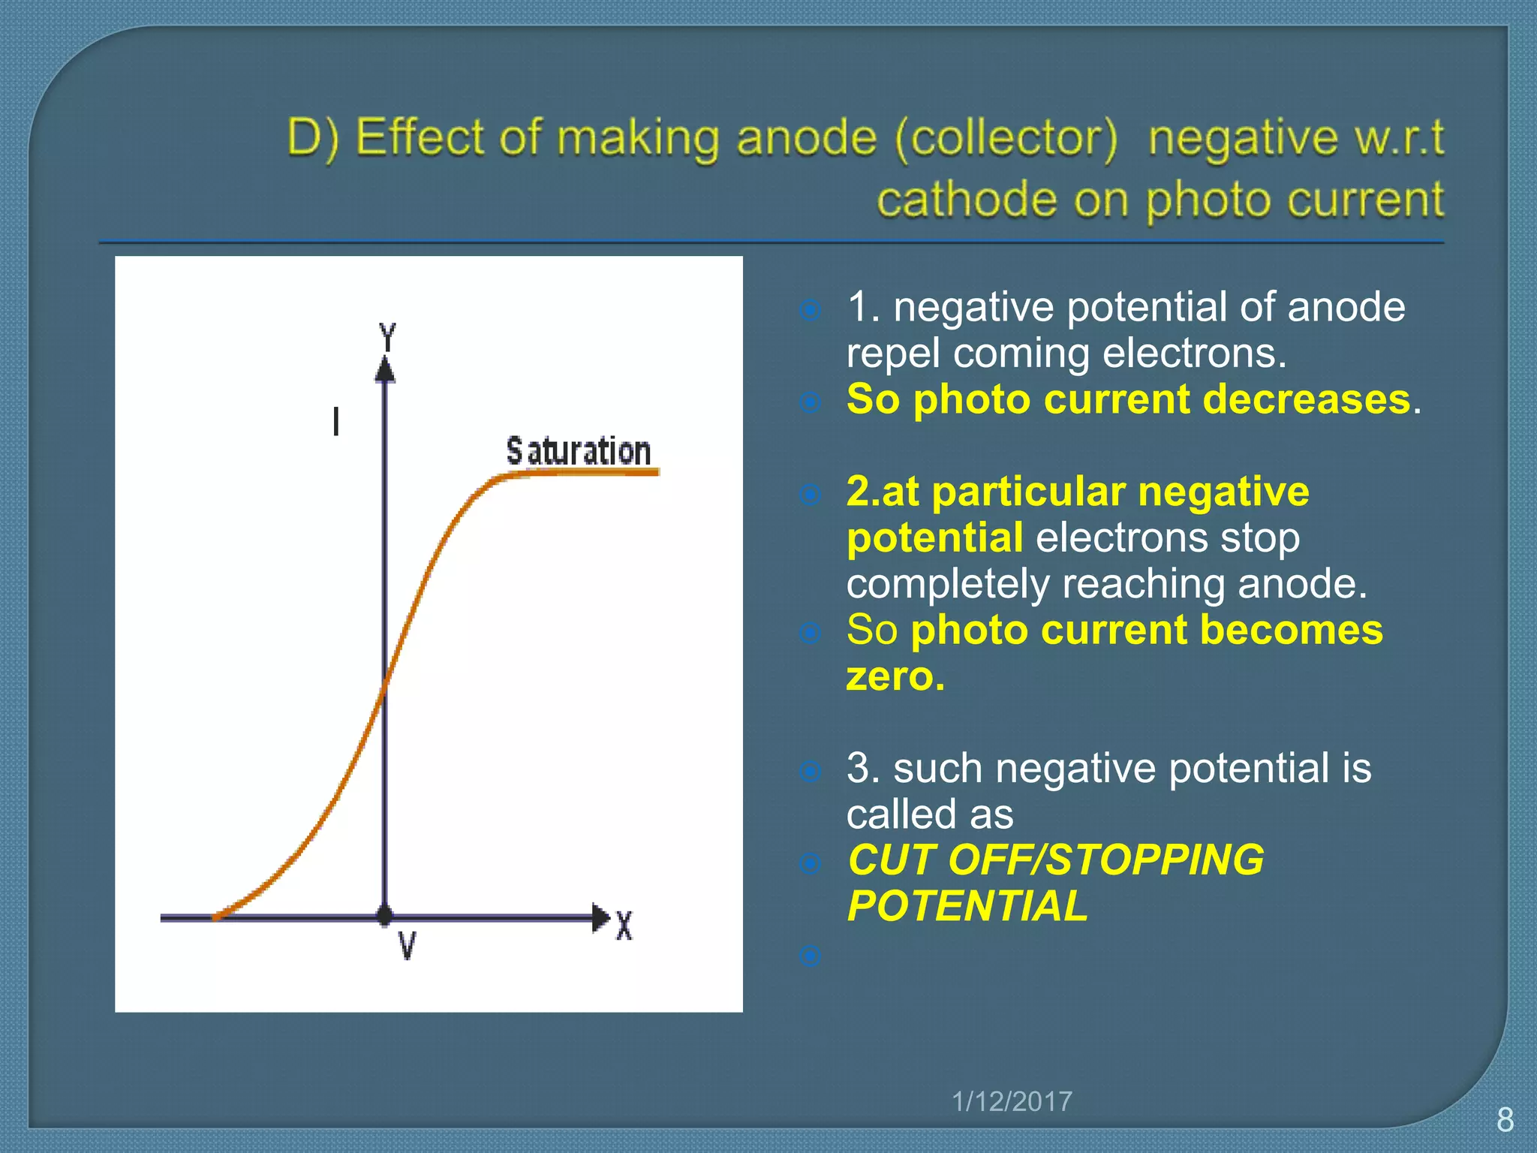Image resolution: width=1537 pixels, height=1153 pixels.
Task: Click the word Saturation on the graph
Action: point(578,451)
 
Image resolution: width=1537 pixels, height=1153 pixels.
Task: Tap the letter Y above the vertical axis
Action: point(387,337)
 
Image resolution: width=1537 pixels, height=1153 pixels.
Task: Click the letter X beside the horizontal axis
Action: point(624,926)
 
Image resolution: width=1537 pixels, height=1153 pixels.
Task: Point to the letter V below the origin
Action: point(407,946)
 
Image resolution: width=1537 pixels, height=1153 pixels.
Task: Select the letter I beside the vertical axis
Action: point(336,422)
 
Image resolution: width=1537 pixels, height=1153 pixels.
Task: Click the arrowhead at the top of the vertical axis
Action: point(385,370)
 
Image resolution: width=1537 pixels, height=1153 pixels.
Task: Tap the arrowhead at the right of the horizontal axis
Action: point(600,917)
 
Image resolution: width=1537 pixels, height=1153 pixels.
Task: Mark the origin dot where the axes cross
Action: point(385,916)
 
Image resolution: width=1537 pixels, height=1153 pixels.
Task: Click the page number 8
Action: point(1505,1120)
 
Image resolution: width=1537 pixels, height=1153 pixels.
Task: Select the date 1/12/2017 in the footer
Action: point(1012,1101)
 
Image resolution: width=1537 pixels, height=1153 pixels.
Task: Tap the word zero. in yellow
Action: point(895,676)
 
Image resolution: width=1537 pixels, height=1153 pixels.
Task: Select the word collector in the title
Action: point(1006,139)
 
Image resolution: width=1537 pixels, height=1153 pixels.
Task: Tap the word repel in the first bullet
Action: point(892,353)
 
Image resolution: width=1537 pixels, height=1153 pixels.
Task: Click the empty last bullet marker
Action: point(810,956)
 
